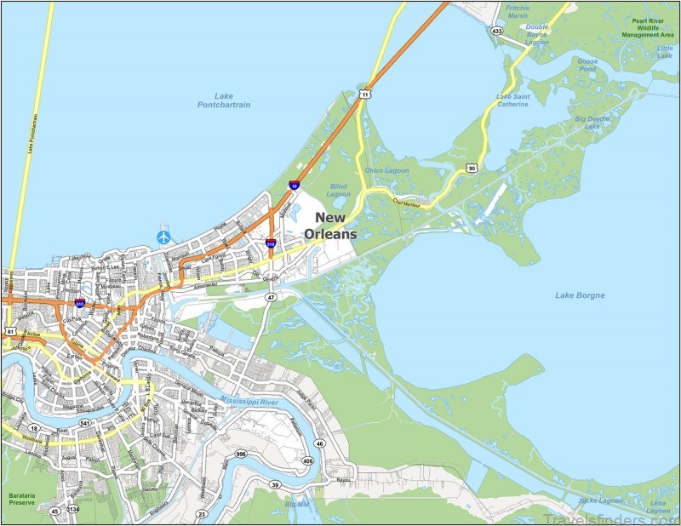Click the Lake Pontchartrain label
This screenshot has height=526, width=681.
click(x=224, y=101)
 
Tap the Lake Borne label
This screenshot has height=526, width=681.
click(x=580, y=295)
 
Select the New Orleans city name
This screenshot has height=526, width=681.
click(x=335, y=225)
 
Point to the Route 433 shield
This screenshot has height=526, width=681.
click(x=496, y=31)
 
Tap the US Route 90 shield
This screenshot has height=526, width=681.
click(x=472, y=169)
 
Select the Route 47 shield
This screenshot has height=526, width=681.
click(x=270, y=297)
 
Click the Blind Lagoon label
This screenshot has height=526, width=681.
click(x=338, y=189)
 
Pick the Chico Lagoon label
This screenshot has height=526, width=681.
click(x=386, y=170)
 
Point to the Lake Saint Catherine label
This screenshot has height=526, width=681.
click(x=512, y=100)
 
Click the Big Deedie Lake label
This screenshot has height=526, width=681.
click(x=592, y=122)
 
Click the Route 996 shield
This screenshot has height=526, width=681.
click(x=242, y=455)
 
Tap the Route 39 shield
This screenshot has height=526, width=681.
click(x=275, y=484)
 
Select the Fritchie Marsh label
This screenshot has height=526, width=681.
click(x=516, y=12)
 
